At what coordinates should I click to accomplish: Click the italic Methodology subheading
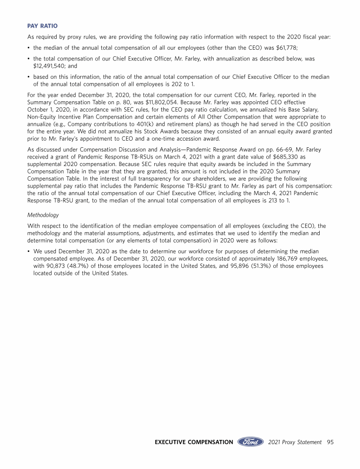click(43, 215)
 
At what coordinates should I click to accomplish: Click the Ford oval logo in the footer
click(250, 442)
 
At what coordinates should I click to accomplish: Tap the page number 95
click(330, 442)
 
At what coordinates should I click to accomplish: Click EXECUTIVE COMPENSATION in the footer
click(194, 442)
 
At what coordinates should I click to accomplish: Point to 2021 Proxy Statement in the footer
click(295, 442)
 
